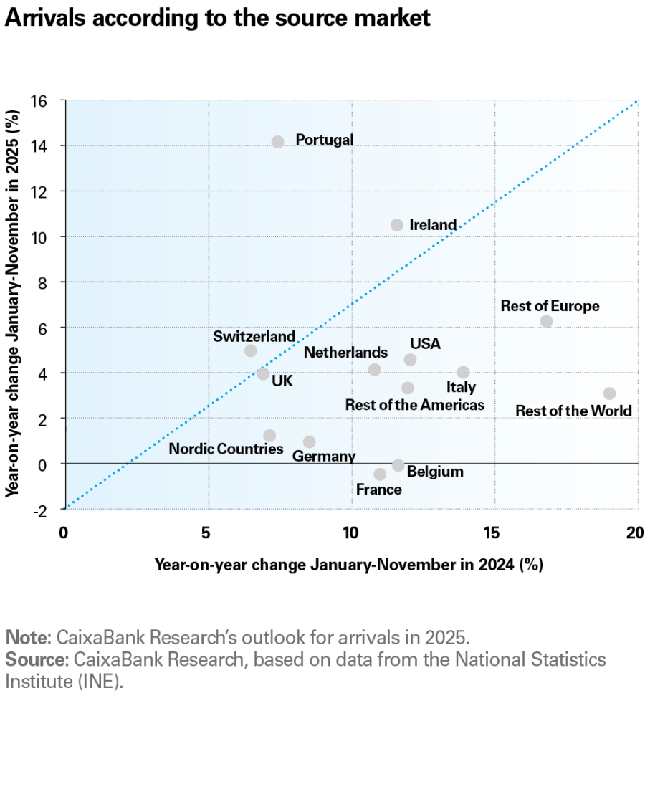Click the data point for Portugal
click(x=278, y=142)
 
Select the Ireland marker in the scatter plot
click(x=397, y=225)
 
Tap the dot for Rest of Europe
click(x=546, y=321)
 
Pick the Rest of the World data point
click(x=609, y=393)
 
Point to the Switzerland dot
click(x=250, y=350)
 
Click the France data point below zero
click(x=380, y=474)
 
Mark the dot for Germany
click(x=309, y=441)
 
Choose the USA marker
click(x=410, y=360)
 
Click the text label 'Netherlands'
click(x=345, y=353)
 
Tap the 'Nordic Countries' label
click(x=226, y=449)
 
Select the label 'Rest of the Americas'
click(x=414, y=405)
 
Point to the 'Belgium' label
click(x=435, y=472)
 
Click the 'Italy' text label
click(x=461, y=388)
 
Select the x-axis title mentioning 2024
click(x=348, y=565)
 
